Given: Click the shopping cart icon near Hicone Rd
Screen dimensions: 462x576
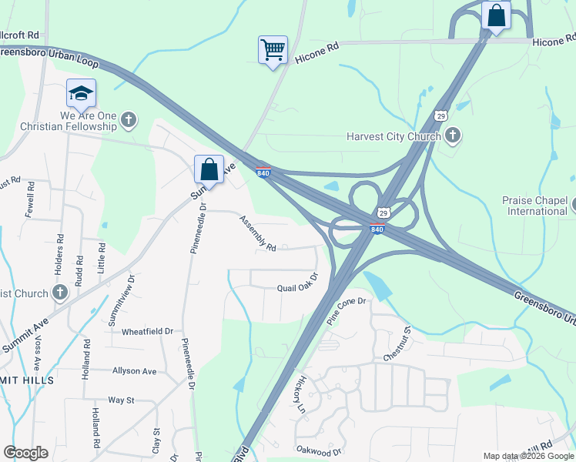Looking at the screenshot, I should coord(273,50).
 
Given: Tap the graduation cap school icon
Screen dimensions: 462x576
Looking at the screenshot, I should coord(81,93).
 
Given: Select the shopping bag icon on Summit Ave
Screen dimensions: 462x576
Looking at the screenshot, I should coord(209,169).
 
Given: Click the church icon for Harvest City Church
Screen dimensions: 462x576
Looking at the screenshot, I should coord(453,136).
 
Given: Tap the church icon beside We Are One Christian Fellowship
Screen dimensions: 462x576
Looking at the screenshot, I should coord(129,119).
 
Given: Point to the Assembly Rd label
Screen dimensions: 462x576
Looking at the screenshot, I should coord(257,233).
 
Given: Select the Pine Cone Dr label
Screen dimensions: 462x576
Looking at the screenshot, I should coord(347,310).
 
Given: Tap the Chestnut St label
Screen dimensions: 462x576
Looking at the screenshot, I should coord(398,345).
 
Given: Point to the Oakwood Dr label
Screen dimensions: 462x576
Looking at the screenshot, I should coord(319,450).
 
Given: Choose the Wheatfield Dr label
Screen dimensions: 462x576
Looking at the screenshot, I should coord(148,331).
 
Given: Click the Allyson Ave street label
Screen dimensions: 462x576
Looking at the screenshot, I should coord(134,371).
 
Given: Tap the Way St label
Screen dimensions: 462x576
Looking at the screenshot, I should coord(121,400).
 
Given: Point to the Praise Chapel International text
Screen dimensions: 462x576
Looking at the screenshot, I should coord(537,205).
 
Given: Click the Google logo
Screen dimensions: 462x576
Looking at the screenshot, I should coord(25,453).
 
